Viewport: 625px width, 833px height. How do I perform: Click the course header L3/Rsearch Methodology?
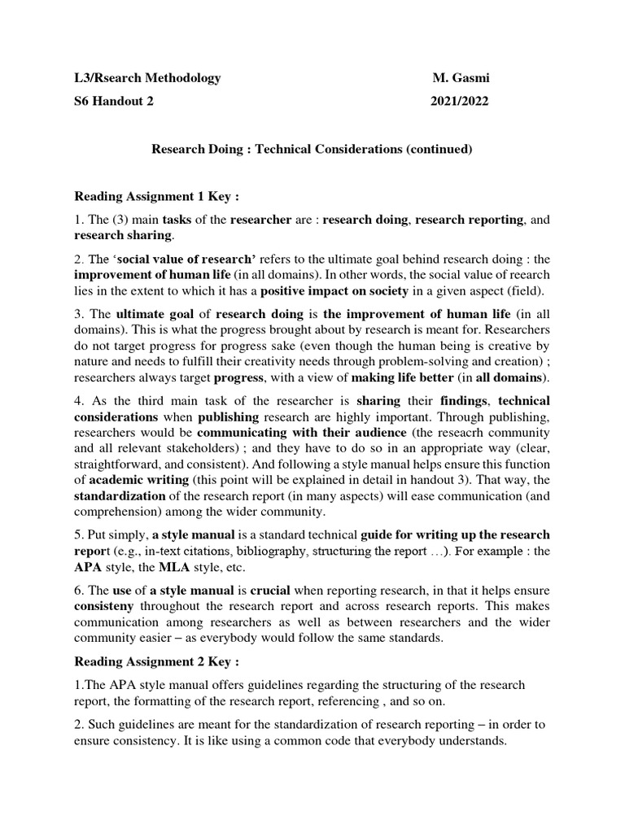click(147, 78)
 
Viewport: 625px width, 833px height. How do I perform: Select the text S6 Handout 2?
click(113, 102)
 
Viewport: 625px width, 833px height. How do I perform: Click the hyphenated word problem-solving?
click(419, 362)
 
